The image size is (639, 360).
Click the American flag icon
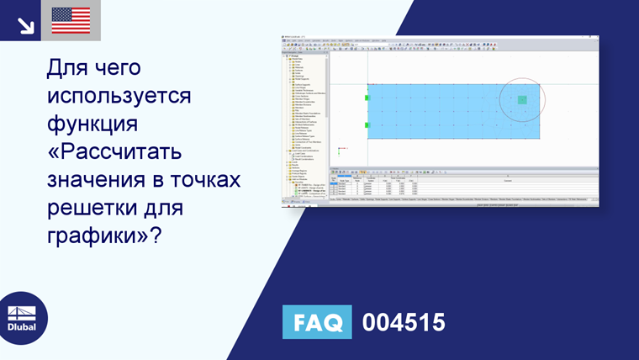tap(71, 20)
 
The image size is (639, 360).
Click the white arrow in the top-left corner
tap(25, 24)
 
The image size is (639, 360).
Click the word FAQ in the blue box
tap(318, 323)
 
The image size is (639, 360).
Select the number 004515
tap(403, 323)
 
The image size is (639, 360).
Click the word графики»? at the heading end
tap(103, 236)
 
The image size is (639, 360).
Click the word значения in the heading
tap(92, 181)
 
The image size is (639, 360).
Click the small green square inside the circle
tap(522, 100)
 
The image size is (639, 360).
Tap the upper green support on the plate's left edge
tap(367, 98)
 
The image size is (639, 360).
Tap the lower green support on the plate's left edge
tap(367, 125)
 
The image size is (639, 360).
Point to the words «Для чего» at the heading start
tap(92, 67)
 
